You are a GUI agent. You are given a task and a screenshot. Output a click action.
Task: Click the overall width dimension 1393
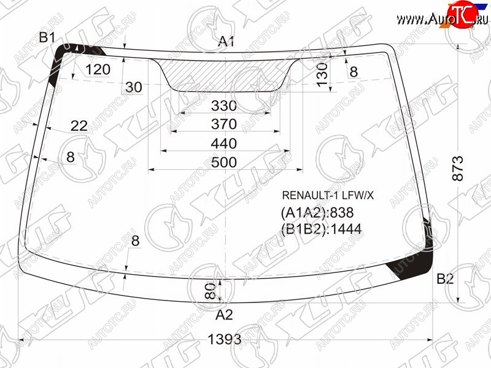click(225, 339)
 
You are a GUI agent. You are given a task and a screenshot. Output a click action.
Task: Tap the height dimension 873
click(457, 168)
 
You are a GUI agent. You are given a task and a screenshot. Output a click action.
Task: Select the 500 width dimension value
click(224, 163)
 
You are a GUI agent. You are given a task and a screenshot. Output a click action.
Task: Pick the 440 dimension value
click(223, 144)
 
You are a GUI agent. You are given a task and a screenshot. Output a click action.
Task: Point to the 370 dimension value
click(223, 125)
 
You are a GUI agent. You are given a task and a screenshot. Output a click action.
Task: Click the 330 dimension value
click(223, 105)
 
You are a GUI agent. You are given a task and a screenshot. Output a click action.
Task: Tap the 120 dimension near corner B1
click(98, 69)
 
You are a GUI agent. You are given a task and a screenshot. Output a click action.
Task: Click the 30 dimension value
click(134, 87)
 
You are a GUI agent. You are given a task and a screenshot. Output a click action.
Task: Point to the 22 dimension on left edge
click(79, 126)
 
